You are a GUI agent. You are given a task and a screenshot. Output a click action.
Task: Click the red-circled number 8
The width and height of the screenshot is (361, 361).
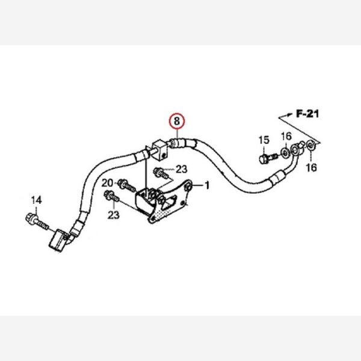(177, 121)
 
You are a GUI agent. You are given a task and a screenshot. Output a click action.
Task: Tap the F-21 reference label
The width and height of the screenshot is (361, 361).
(306, 113)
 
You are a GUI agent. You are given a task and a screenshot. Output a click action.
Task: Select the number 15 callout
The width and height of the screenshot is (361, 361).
(264, 141)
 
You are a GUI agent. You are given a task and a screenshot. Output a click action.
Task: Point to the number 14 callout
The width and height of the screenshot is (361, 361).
(36, 199)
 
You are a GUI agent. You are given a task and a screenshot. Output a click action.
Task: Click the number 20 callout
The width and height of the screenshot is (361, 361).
(106, 183)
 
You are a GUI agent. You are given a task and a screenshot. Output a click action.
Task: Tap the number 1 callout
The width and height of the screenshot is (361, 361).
(207, 185)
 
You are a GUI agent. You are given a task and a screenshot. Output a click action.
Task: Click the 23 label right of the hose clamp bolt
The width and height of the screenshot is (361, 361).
(182, 170)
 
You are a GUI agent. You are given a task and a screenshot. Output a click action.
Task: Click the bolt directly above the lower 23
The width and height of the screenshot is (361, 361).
(112, 195)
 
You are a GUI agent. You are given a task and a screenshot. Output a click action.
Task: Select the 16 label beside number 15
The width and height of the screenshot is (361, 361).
(286, 136)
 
